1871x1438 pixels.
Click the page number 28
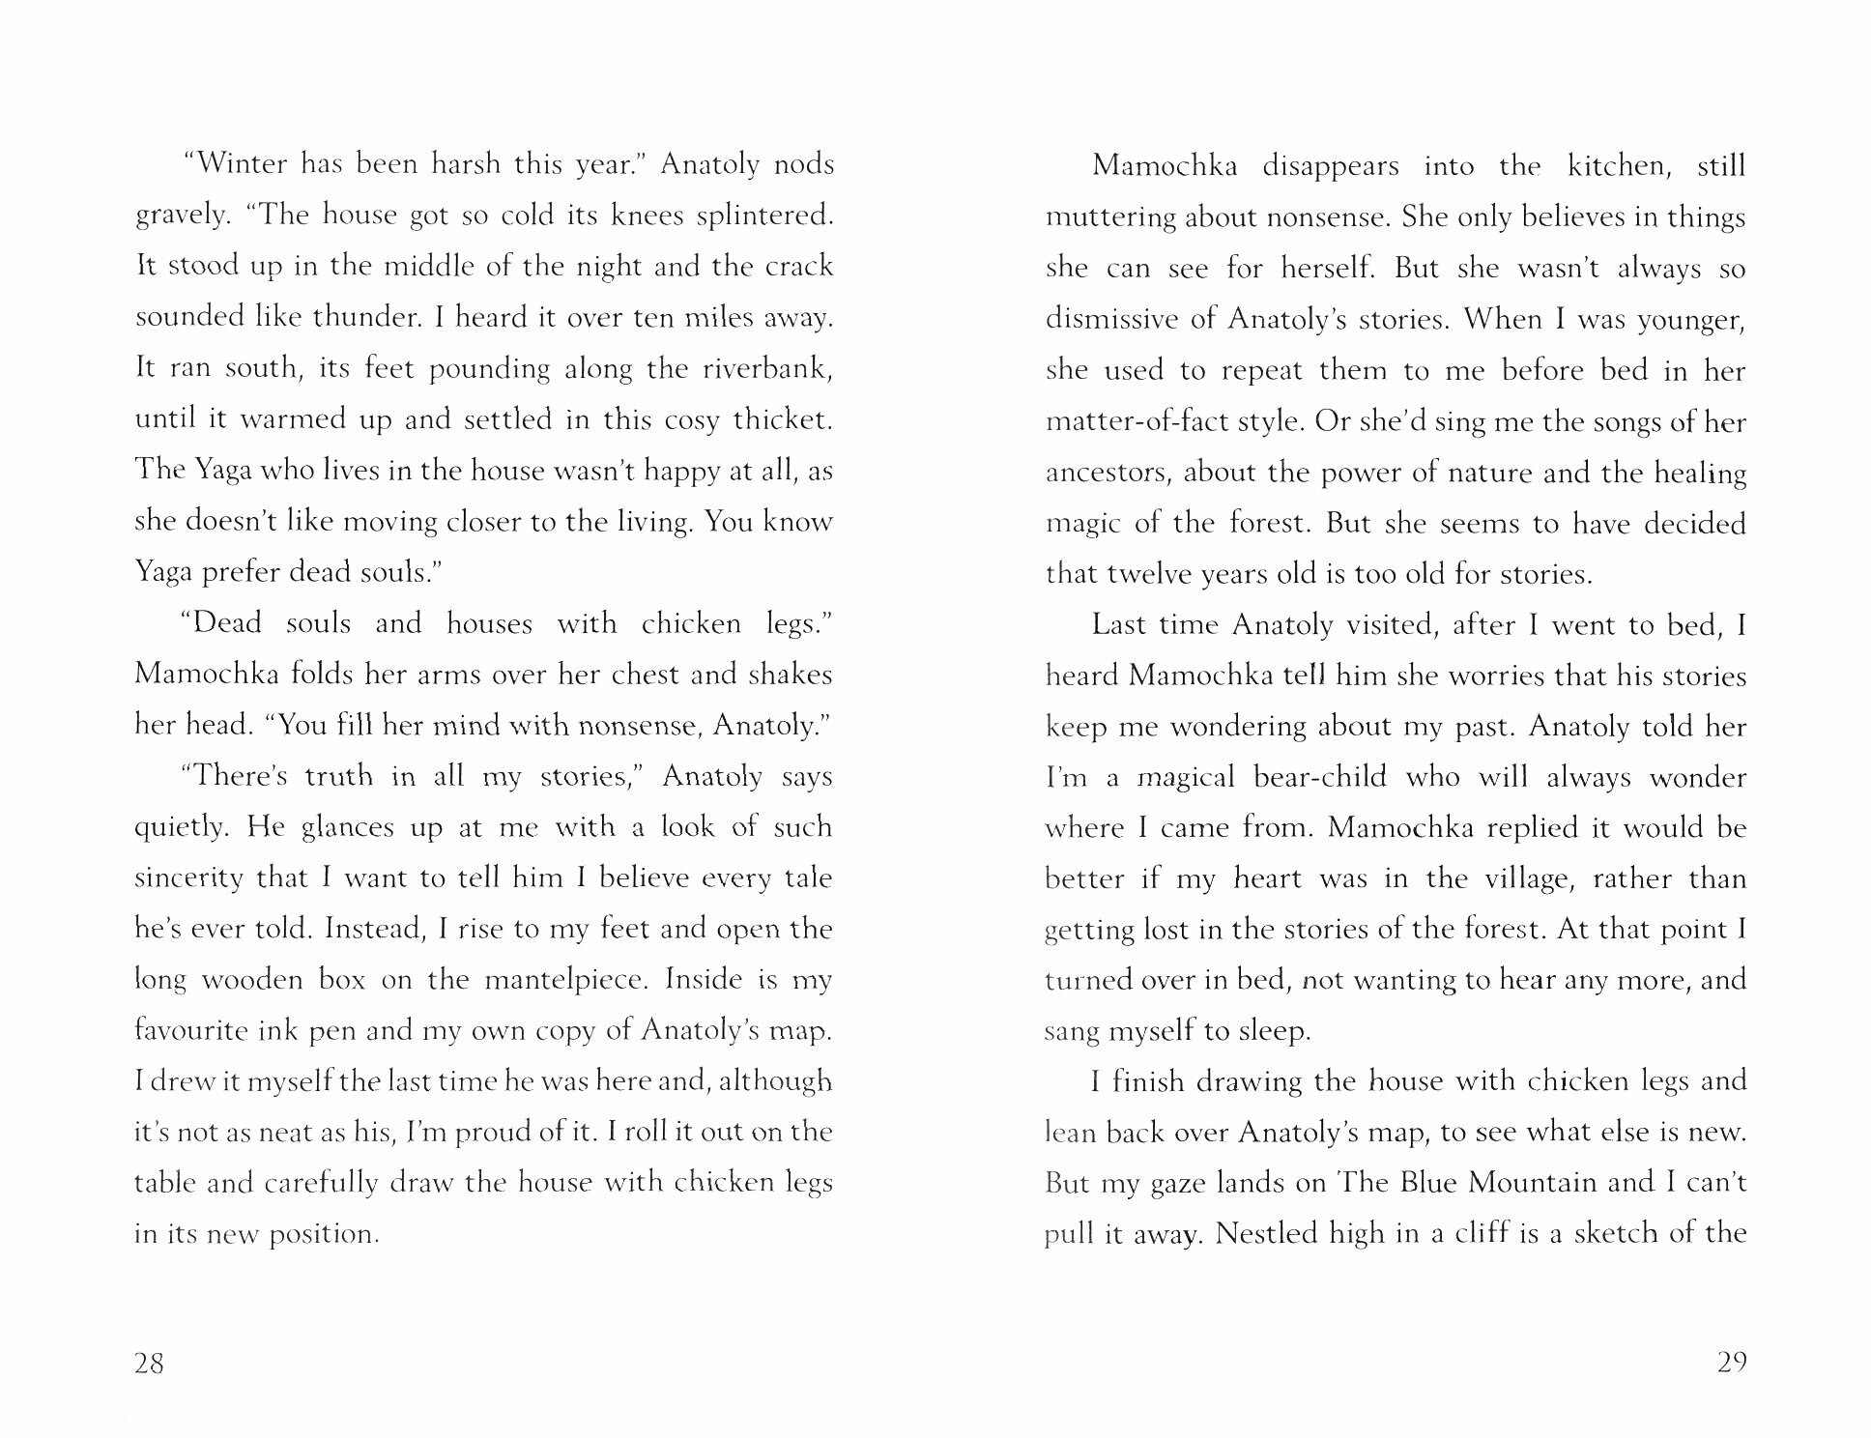pos(150,1364)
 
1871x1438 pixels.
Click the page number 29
pos(1731,1363)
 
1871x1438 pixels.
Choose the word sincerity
pos(189,877)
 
